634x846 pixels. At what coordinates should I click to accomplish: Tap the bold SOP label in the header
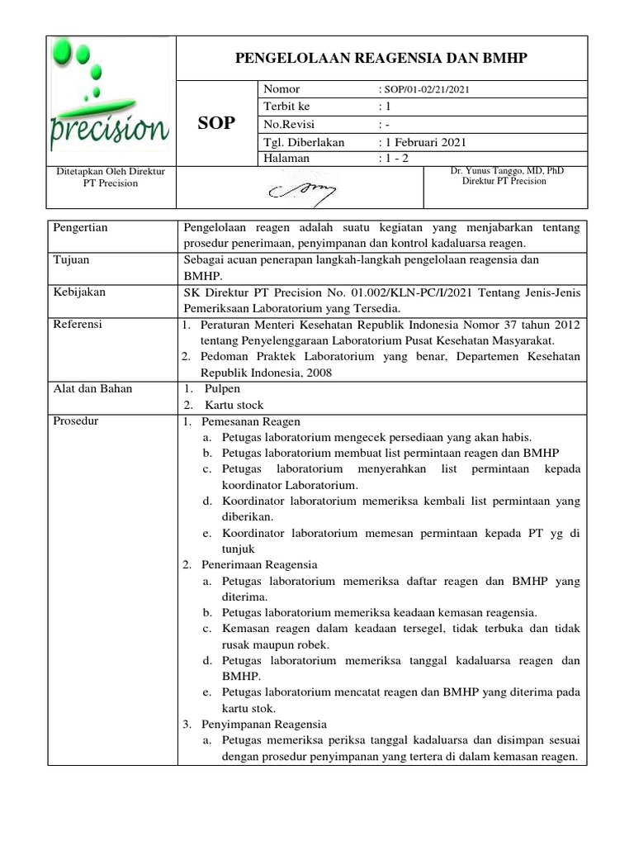(217, 124)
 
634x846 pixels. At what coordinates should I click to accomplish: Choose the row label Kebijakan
(78, 292)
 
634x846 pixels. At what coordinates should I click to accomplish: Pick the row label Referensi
(77, 325)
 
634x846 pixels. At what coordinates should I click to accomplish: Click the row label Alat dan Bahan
(92, 388)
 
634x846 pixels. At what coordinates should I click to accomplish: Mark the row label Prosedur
(75, 421)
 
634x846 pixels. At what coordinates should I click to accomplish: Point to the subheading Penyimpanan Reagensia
(261, 724)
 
